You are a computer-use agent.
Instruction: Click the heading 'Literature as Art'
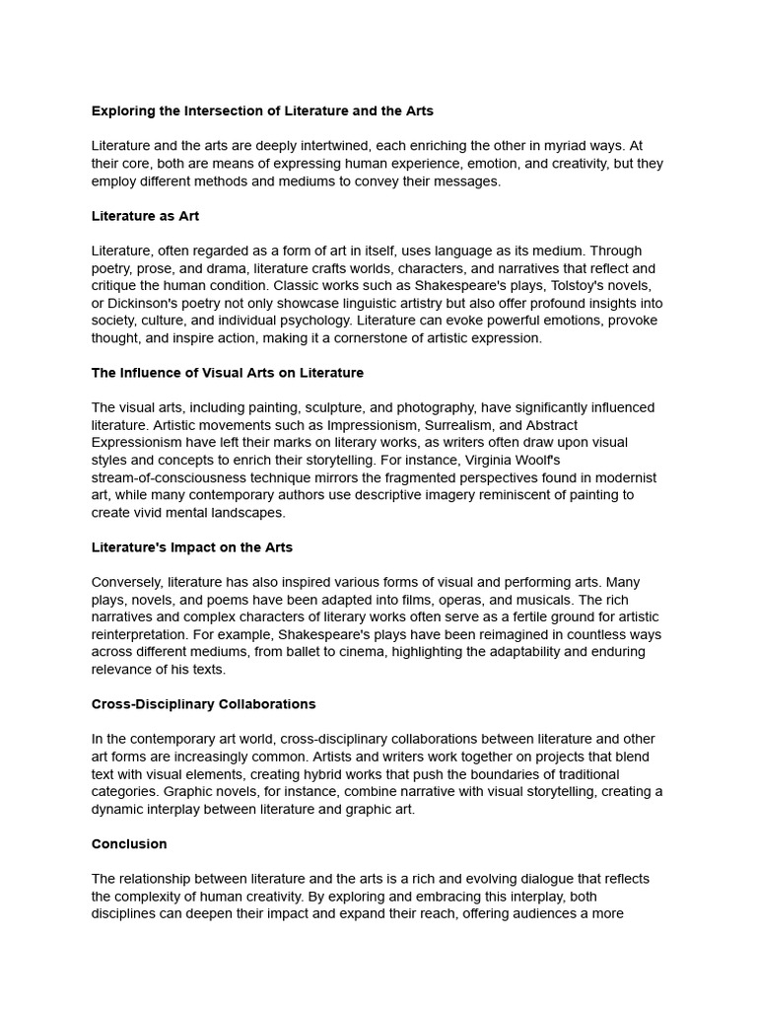pos(145,216)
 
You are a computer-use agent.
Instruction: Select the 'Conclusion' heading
pos(129,844)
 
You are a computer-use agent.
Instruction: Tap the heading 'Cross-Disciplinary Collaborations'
pos(203,704)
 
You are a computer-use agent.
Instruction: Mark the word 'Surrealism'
pos(457,425)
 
